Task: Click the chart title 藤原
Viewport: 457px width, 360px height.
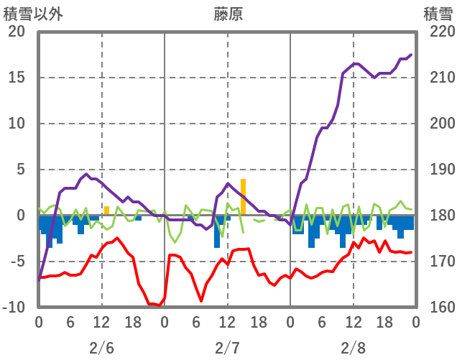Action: click(228, 14)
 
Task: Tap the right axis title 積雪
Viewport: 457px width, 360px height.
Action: click(438, 14)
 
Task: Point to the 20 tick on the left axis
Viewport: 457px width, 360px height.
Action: click(17, 32)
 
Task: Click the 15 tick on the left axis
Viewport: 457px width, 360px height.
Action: click(17, 78)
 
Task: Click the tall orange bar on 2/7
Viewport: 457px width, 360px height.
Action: click(243, 196)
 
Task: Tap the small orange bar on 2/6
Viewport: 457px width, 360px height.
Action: click(106, 211)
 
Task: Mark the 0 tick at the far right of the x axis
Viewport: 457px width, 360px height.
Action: click(415, 323)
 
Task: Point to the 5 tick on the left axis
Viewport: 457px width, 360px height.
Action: click(20, 170)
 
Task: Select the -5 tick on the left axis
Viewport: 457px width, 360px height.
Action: click(17, 262)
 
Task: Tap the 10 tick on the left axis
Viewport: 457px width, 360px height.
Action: click(17, 124)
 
